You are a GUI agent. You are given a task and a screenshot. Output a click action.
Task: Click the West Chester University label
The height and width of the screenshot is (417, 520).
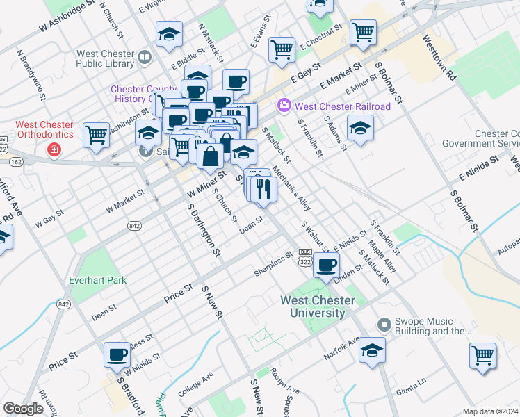[318, 306]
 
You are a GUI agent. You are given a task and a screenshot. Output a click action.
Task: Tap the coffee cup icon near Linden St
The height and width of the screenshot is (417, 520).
[327, 264]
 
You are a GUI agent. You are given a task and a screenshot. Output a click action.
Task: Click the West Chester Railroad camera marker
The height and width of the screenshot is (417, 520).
[284, 106]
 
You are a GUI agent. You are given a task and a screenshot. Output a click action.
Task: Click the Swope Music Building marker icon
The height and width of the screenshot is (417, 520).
[383, 325]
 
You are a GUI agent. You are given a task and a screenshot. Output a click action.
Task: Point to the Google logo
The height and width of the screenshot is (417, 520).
[24, 409]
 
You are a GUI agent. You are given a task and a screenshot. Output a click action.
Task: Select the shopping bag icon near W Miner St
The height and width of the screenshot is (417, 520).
[210, 156]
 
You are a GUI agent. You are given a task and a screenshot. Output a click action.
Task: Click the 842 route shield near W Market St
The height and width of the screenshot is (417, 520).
[134, 225]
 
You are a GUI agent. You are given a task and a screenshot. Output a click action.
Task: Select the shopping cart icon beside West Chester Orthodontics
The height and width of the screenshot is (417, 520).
[96, 135]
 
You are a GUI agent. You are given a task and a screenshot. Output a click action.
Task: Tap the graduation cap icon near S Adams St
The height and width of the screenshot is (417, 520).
[360, 129]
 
